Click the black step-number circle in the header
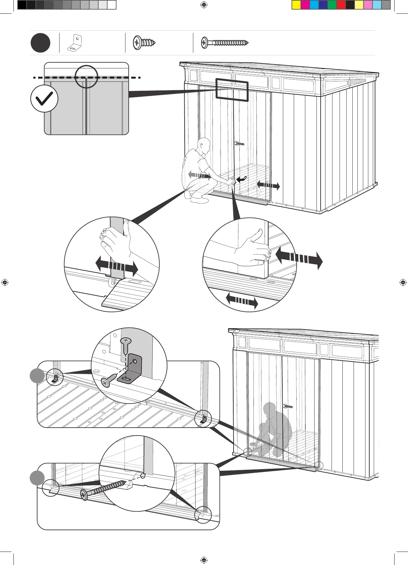[40, 43]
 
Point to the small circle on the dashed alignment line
[86, 77]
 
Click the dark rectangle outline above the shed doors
[232, 90]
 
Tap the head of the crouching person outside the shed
[204, 145]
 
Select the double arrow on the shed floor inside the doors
[268, 185]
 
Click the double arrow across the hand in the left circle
[116, 266]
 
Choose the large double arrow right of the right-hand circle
[299, 258]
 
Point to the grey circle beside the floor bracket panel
[37, 375]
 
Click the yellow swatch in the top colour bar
[296, 5]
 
